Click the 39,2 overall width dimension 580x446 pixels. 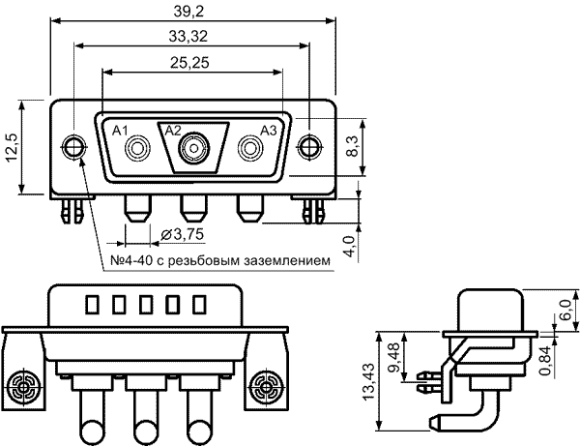tap(188, 12)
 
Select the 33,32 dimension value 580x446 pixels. tap(188, 37)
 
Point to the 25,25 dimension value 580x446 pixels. tap(189, 63)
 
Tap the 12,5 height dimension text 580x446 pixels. tap(12, 147)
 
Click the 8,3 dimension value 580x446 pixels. tap(353, 146)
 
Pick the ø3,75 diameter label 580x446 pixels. tap(183, 234)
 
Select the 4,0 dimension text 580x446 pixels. tap(350, 247)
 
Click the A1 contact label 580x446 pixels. tap(120, 131)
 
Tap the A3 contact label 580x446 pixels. tap(269, 131)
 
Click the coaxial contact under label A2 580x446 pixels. tap(194, 148)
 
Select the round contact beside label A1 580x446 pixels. tap(138, 148)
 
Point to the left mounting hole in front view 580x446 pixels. tap(73, 147)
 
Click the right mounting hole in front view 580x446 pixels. tap(310, 147)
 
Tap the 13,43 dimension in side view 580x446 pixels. tap(369, 381)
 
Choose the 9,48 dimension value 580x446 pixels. tap(394, 358)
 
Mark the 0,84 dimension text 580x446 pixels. tap(545, 361)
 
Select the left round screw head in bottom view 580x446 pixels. tap(23, 388)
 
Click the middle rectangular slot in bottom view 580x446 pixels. tap(145, 305)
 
